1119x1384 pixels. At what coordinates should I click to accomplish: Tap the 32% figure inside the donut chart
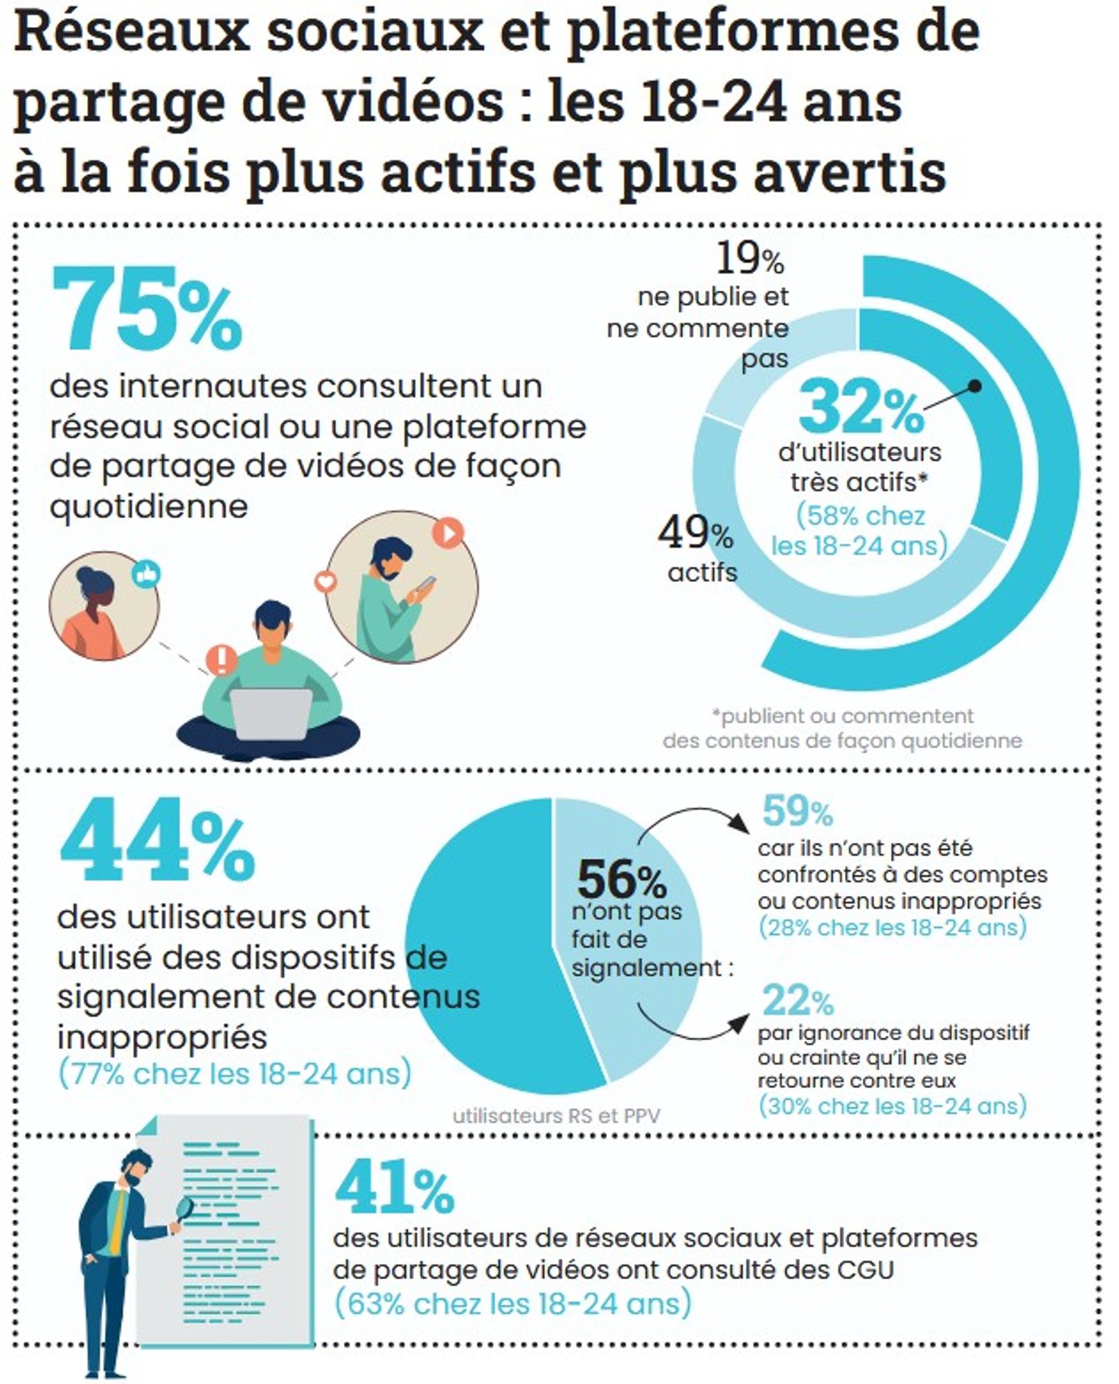tap(861, 409)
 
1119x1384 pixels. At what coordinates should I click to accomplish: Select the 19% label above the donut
tap(750, 259)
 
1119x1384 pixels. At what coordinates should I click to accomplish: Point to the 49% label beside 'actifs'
tap(695, 534)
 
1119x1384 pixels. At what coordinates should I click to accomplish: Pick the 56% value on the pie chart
tap(622, 879)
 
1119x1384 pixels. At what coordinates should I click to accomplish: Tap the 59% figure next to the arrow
tap(797, 812)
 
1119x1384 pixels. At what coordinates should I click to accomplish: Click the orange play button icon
tap(447, 533)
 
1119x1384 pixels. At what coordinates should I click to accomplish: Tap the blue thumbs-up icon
tap(147, 574)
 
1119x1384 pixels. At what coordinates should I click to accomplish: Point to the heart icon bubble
tap(325, 581)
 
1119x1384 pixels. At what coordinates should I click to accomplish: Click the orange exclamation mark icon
tap(222, 659)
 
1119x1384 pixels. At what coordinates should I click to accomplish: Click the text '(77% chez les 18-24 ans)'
tap(235, 1074)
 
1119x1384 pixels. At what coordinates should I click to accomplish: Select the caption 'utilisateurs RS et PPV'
tap(556, 1116)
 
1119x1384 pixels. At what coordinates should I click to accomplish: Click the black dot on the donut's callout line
tap(974, 386)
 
